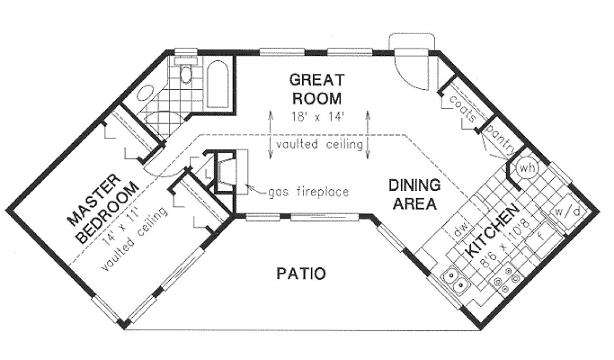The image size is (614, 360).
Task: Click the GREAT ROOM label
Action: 316,89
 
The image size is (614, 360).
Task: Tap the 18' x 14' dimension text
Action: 318,116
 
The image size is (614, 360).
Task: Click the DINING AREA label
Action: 413,194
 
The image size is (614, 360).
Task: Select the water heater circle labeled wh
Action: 526,168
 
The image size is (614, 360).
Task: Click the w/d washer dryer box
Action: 566,213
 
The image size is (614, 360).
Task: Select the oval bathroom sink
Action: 145,95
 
